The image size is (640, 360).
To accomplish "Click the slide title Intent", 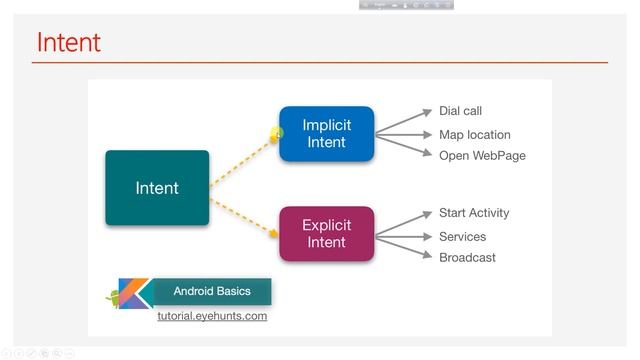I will pos(68,43).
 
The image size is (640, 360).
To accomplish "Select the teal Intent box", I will pos(157,188).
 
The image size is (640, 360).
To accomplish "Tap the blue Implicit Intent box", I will pos(326,134).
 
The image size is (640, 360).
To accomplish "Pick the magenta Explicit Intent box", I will pos(326,234).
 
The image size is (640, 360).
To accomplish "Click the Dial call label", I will pos(460,111).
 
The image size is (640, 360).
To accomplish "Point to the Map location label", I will pos(474,135).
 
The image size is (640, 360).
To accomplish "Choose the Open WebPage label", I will pos(482,156).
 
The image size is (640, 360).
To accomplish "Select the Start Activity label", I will pos(474,213).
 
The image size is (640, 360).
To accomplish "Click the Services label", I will pos(462,237).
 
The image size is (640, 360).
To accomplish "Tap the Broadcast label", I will pos(467,258).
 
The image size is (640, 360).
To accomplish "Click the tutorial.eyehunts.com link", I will pos(212,316).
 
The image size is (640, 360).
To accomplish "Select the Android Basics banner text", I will pos(212,292).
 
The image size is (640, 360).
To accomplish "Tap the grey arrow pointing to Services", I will pos(404,237).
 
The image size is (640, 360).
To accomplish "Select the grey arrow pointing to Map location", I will pos(404,135).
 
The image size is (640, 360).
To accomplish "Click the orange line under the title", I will pos(320,63).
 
